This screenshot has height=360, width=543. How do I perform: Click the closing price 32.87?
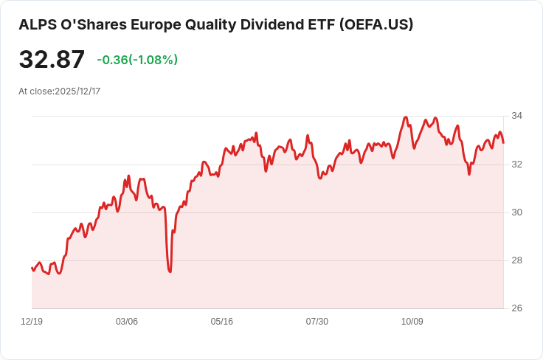coord(52,60)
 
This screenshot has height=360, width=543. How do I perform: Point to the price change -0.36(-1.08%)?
coord(137,60)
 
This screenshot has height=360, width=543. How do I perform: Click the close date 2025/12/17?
coord(77,91)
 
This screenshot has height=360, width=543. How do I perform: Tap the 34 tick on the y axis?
coord(516,117)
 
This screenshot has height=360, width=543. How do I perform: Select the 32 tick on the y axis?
coord(516,165)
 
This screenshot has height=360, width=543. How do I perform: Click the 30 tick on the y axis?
coord(516,212)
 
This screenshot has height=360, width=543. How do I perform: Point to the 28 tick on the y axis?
coord(516,260)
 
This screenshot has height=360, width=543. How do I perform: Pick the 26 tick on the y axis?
coord(516,308)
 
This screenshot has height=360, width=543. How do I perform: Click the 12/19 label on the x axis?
coord(32,322)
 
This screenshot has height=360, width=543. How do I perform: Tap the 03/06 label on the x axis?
coord(127,322)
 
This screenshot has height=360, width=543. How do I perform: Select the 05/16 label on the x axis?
coord(222,322)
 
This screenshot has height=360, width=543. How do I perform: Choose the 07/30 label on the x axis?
coord(317,322)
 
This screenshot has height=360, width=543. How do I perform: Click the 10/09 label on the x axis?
coord(412,322)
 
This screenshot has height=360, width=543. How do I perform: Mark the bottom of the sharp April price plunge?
coord(170,271)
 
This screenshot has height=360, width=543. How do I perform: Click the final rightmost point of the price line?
coord(503,142)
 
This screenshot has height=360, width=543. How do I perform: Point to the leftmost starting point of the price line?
coord(32,268)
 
